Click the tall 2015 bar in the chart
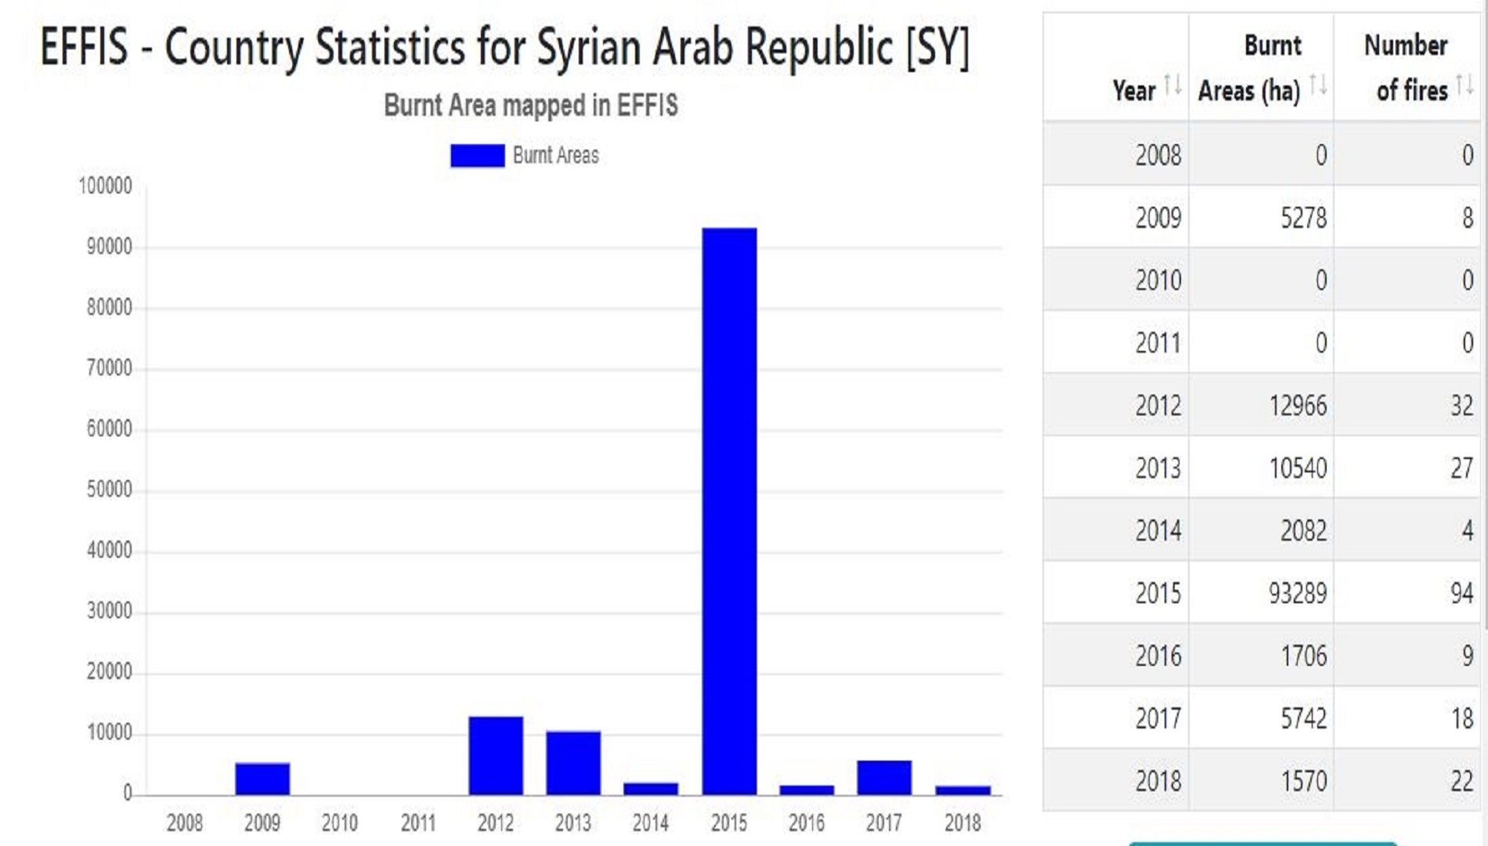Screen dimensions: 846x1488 (x=729, y=509)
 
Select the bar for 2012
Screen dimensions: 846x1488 (x=496, y=755)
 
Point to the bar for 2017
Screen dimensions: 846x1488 (x=884, y=777)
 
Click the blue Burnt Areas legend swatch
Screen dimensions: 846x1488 (x=477, y=156)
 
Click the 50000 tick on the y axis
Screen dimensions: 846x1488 (x=110, y=490)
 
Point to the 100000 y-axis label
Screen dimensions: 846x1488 (x=106, y=186)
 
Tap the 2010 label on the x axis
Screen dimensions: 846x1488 (x=339, y=823)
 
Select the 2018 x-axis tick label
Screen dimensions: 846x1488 (x=963, y=823)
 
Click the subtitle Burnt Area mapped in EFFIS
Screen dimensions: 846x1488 (x=530, y=106)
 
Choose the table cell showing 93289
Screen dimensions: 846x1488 (x=1298, y=593)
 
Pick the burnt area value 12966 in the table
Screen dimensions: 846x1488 (x=1298, y=406)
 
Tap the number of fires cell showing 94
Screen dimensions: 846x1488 (x=1461, y=593)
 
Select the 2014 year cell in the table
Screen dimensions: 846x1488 (x=1158, y=531)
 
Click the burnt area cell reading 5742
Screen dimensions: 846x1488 (x=1303, y=718)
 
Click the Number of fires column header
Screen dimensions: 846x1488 (x=1406, y=68)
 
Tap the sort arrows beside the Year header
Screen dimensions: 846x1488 (x=1172, y=85)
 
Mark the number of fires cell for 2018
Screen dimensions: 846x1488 (x=1461, y=781)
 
